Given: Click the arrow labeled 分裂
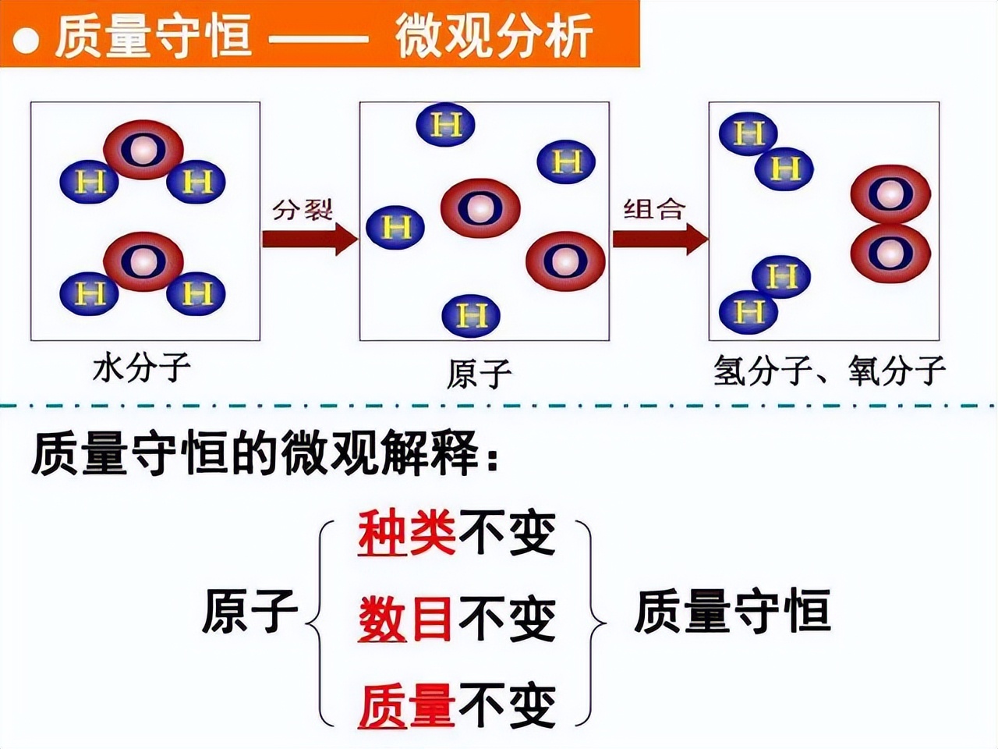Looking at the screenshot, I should pos(308,238).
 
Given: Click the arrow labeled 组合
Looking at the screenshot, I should pos(659,238).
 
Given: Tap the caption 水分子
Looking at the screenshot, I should pos(141,367).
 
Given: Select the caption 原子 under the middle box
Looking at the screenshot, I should pos(479,374).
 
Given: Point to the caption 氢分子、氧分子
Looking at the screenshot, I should pos(829,371).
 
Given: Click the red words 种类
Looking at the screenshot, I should pos(406,534).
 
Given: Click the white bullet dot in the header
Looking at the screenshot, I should pos(26,39).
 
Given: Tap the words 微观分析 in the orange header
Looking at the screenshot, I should pos(493,36).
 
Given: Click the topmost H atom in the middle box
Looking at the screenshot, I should pos(446,125).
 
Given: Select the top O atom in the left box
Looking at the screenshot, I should pos(143,149).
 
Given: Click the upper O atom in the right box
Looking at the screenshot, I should pos(890,194).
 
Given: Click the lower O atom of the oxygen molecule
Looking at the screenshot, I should pos(890,253).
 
